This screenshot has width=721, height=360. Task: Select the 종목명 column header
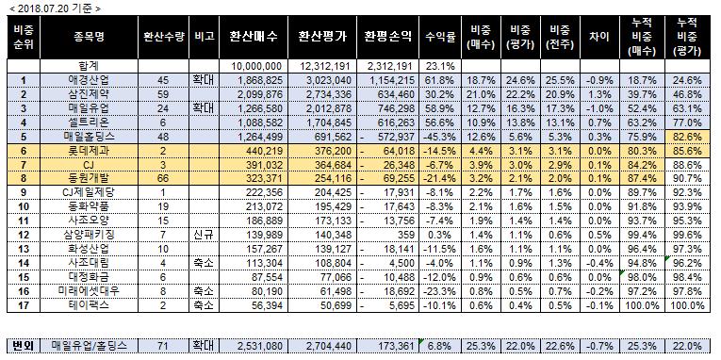[89, 38]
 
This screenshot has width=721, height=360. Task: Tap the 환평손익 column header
[387, 38]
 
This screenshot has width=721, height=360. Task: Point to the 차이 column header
[599, 38]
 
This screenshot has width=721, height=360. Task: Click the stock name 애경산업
[89, 80]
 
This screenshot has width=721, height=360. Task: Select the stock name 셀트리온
[89, 123]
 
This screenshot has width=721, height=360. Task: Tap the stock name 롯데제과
[89, 151]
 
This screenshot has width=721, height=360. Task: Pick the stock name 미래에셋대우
[89, 291]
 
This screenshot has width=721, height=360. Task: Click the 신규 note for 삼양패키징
[205, 235]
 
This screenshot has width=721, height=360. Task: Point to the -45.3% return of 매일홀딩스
[439, 137]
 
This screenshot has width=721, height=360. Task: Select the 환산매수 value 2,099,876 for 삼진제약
[260, 95]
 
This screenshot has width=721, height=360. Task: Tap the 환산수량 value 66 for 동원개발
[163, 179]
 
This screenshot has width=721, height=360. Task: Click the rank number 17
[23, 305]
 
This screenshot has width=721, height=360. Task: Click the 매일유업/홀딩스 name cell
[89, 345]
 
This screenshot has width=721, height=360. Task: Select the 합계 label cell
[89, 66]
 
